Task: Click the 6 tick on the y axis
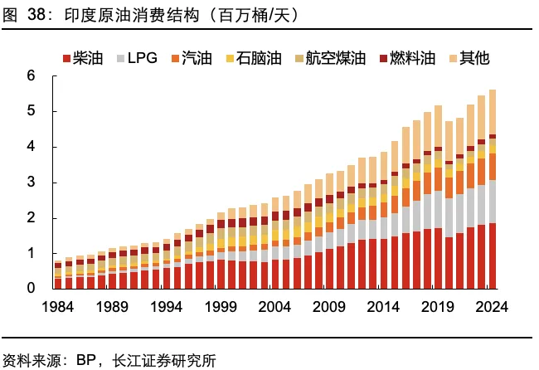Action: pos(31,76)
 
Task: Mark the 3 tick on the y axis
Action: pos(31,183)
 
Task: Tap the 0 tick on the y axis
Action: pos(31,289)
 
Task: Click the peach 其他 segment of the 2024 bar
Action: pos(492,112)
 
